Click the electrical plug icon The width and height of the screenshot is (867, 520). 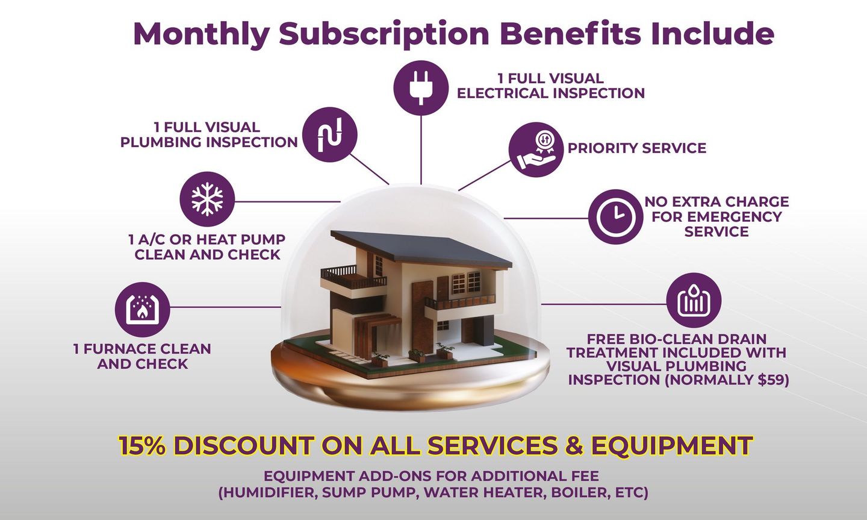click(x=421, y=87)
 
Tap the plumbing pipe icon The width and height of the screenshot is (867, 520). click(x=329, y=134)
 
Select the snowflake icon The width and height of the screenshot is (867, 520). click(x=207, y=199)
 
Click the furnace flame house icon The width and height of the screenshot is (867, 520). click(x=142, y=310)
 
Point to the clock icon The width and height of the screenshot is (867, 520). click(x=615, y=217)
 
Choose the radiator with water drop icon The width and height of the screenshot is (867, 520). click(x=694, y=300)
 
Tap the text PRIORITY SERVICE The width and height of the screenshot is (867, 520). click(x=636, y=148)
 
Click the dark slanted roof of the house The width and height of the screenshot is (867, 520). click(x=427, y=247)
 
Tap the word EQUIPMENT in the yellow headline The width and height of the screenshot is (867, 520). click(x=671, y=446)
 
